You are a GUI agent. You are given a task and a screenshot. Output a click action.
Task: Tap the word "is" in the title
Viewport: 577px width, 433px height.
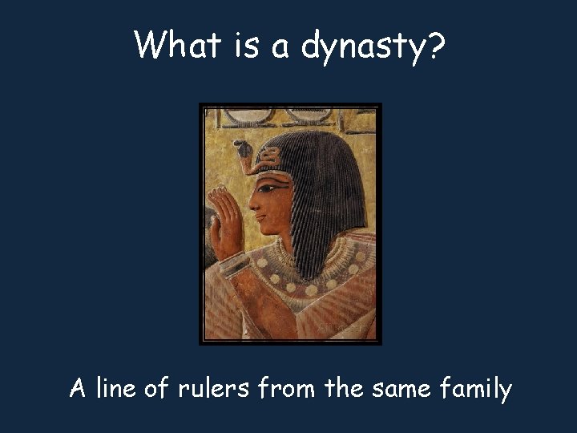(246, 45)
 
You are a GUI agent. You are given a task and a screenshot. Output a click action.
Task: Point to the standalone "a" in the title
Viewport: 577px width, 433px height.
(280, 47)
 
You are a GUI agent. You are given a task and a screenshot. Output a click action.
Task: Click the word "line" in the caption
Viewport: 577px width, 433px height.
(115, 389)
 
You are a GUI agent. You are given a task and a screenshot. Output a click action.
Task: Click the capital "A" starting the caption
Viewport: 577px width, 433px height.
(78, 389)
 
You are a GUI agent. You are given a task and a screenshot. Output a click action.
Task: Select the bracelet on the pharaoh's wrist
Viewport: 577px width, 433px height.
(233, 264)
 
